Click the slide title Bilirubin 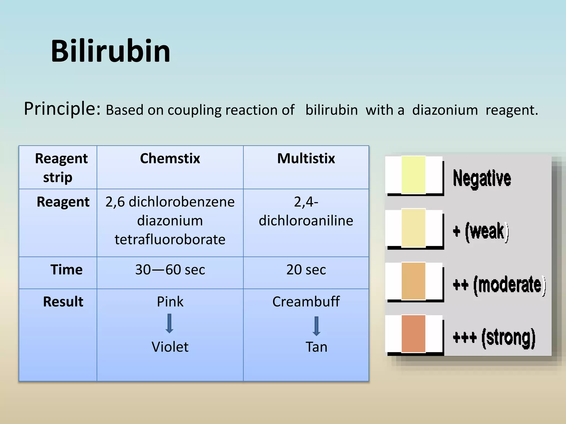(111, 51)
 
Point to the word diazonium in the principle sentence (445, 110)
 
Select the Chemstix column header (170, 159)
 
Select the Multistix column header (306, 159)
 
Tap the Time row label (66, 270)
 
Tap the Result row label (63, 302)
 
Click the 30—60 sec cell (170, 270)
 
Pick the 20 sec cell (306, 270)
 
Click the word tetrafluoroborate (170, 239)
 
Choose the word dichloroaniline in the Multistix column (306, 221)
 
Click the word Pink (170, 302)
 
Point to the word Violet (170, 347)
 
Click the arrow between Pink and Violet (169, 323)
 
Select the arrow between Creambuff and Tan (316, 326)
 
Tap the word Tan (316, 347)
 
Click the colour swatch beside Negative (413, 175)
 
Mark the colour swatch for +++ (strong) (413, 334)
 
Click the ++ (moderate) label (499, 285)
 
